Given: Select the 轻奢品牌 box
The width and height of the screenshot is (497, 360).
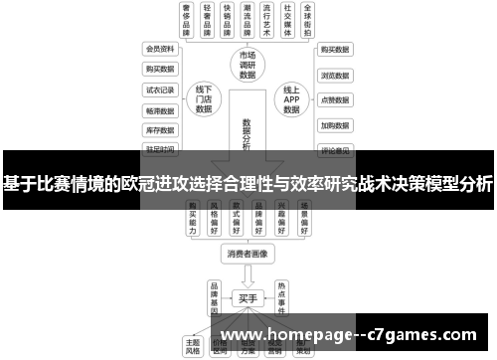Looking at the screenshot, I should click(207, 19).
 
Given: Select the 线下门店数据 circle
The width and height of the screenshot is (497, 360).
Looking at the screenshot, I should click(205, 100).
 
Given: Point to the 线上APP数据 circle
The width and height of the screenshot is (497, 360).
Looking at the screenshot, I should click(291, 100).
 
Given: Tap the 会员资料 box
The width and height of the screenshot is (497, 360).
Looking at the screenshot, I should click(160, 49).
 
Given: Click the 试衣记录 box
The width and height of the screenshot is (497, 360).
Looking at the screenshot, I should click(160, 90).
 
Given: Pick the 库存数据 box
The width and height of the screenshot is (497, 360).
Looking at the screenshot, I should click(160, 130).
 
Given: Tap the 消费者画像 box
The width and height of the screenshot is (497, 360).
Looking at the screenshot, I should click(248, 255).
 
